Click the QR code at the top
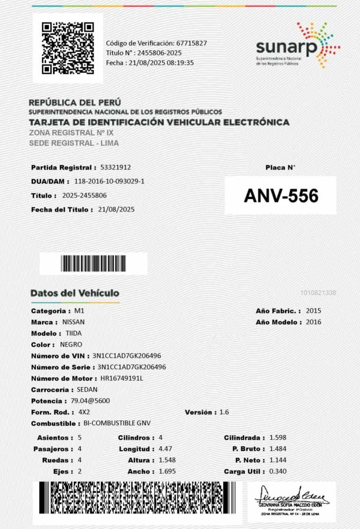point(67,48)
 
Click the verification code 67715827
point(191,43)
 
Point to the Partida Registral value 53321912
point(116,168)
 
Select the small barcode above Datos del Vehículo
point(94,264)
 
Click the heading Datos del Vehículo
point(75,293)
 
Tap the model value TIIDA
point(74,333)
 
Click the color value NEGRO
point(71,345)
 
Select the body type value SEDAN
point(87,390)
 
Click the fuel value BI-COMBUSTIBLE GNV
point(117,423)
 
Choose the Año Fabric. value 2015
point(314,311)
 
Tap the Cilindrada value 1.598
point(278,438)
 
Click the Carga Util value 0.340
point(278,471)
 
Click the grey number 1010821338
point(318,293)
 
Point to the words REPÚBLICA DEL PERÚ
point(75,102)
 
